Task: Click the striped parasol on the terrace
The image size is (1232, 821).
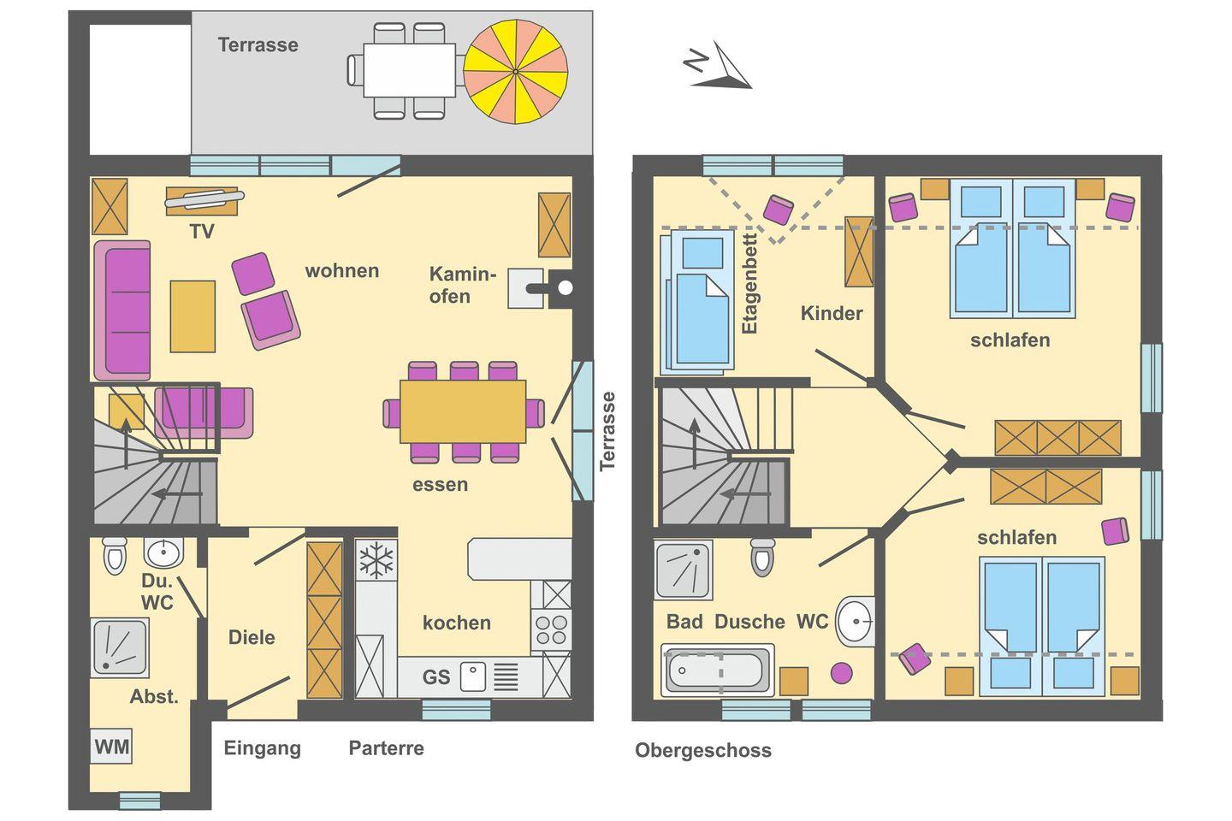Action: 515,72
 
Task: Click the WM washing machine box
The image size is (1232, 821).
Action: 111,747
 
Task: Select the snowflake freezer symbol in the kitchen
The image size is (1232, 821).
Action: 376,560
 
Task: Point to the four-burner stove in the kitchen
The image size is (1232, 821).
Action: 551,629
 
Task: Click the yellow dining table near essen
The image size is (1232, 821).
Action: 463,412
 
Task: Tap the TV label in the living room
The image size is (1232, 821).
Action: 202,232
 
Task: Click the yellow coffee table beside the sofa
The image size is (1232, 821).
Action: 192,316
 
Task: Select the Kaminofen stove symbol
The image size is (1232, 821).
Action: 542,288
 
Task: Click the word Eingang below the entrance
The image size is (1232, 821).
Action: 263,749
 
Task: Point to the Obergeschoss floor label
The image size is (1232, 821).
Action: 703,750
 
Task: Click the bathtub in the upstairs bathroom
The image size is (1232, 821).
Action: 717,670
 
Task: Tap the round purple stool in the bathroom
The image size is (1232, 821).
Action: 842,672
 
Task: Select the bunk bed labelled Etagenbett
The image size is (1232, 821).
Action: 698,300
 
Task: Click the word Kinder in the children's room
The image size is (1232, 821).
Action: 832,314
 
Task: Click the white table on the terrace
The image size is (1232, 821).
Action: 409,70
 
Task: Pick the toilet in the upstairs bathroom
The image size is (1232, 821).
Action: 763,556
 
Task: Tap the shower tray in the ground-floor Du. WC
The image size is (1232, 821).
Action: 120,647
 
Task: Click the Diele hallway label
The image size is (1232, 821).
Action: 252,637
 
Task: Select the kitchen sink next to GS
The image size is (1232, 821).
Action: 473,676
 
